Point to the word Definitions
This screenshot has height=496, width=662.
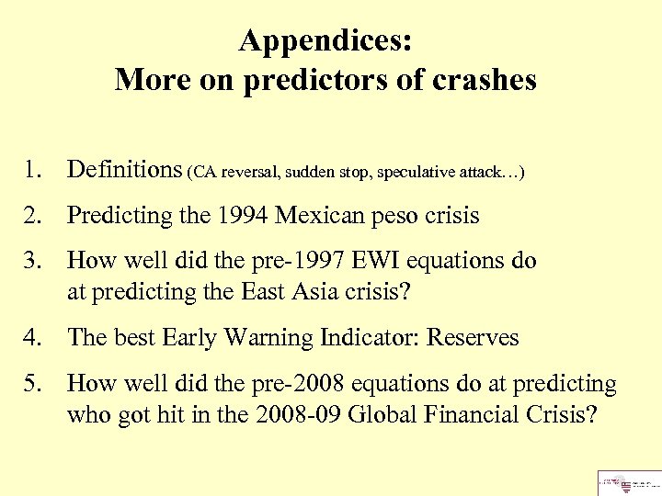pyautogui.click(x=125, y=169)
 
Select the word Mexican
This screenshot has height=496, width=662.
pyautogui.click(x=319, y=216)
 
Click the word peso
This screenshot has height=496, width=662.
pyautogui.click(x=395, y=216)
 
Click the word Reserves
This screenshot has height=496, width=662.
pyautogui.click(x=474, y=338)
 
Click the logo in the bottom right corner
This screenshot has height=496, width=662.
pyautogui.click(x=628, y=481)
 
